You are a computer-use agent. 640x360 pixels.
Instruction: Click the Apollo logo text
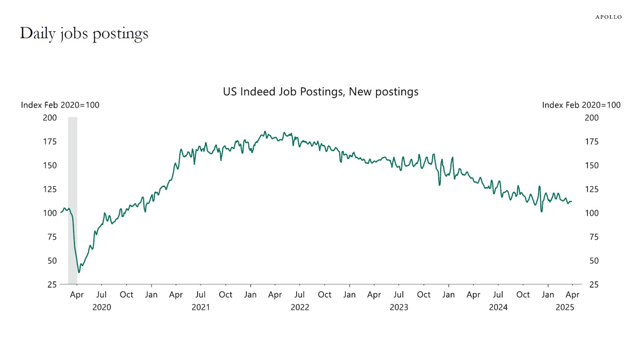608,17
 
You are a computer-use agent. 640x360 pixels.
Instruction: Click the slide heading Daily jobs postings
84,33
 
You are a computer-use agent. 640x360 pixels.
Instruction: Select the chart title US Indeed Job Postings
320,91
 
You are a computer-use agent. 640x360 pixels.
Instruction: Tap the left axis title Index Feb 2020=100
60,105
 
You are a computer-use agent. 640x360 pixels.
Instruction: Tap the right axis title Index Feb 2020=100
581,105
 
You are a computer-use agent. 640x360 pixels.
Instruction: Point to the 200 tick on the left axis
50,118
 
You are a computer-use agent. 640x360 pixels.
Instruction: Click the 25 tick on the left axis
52,285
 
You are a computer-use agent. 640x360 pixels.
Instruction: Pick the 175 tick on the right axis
592,142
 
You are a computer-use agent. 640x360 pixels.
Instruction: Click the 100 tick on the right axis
592,213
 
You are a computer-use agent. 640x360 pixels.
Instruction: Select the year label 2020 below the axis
102,307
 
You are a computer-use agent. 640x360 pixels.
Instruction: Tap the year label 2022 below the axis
300,307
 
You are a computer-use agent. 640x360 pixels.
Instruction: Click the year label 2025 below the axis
564,307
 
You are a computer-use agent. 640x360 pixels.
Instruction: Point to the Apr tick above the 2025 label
573,295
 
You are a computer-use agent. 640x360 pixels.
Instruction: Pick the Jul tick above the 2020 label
101,295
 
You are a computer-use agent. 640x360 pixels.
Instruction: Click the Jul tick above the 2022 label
300,295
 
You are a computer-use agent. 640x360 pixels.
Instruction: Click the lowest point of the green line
79,272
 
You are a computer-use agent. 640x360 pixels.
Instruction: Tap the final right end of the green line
572,202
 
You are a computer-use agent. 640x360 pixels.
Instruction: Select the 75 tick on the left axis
52,237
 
